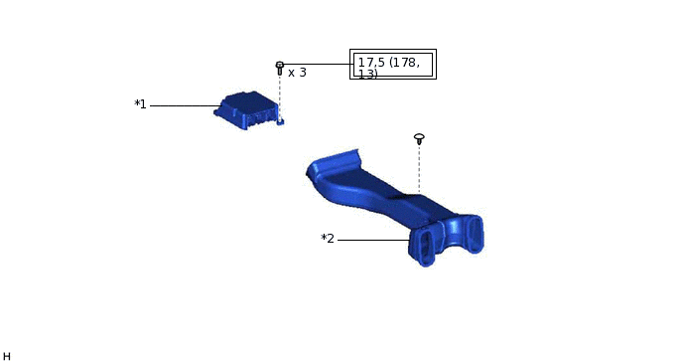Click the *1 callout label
140,104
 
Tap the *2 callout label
328,239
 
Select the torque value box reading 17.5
393,65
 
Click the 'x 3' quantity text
297,73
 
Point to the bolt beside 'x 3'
280,68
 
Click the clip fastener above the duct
419,138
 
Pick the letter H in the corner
6,356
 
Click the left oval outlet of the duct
427,246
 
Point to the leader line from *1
184,105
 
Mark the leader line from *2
372,240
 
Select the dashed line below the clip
419,169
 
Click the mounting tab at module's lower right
280,121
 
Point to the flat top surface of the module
248,100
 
